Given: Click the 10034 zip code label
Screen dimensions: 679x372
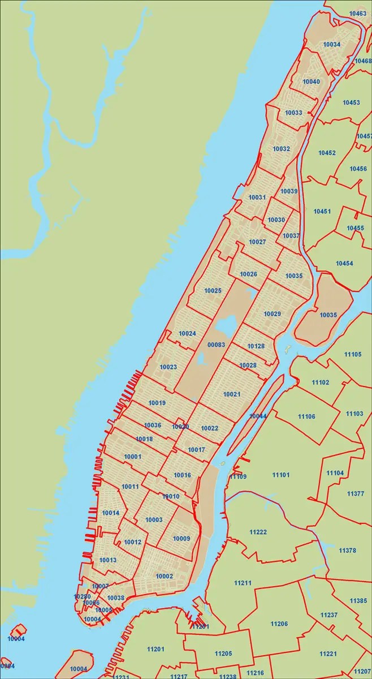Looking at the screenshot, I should point(331,44).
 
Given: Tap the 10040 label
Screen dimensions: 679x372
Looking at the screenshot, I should point(311,82).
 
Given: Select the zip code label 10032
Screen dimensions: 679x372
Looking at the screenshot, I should point(281,149).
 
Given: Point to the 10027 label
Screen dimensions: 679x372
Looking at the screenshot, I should point(257,242).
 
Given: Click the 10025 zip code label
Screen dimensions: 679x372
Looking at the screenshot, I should point(213,291).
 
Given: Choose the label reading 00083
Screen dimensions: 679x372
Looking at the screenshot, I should point(216,345).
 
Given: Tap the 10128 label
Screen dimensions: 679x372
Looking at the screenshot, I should point(256,346).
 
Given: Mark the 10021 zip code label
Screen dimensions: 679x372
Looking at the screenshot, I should point(232,394).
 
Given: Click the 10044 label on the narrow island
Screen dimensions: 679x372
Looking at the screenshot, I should point(258,416).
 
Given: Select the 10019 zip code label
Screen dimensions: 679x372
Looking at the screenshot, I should point(157,403).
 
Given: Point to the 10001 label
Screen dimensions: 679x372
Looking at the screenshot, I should point(132,457).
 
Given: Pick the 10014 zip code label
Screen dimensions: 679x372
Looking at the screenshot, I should point(111,513).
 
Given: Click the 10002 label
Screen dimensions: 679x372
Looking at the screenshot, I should point(164,576).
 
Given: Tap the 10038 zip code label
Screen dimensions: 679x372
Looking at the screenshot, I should point(115,598).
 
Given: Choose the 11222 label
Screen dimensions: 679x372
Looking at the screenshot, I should point(258,532).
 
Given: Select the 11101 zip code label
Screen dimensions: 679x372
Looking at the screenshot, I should point(281,475).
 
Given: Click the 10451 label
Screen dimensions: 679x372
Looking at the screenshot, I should point(322,212).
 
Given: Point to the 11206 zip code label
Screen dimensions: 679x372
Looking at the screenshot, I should point(279,624).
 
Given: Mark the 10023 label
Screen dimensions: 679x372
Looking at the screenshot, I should point(168,367).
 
